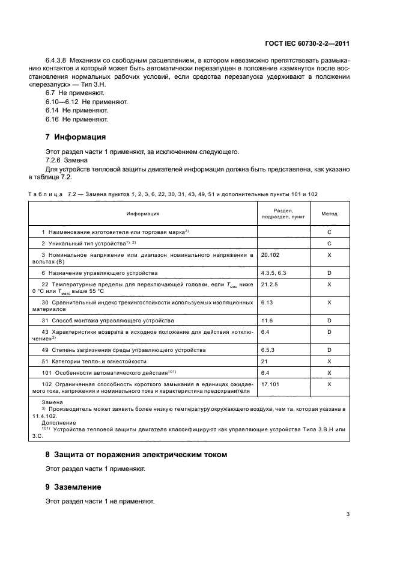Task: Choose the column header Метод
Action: tap(329, 214)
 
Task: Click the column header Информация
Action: tap(142, 214)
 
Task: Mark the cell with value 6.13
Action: tap(267, 302)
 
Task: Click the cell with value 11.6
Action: tap(267, 321)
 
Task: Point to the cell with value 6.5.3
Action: tap(268, 349)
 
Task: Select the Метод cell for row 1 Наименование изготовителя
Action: tap(329, 231)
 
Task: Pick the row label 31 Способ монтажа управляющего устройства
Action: tap(108, 321)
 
